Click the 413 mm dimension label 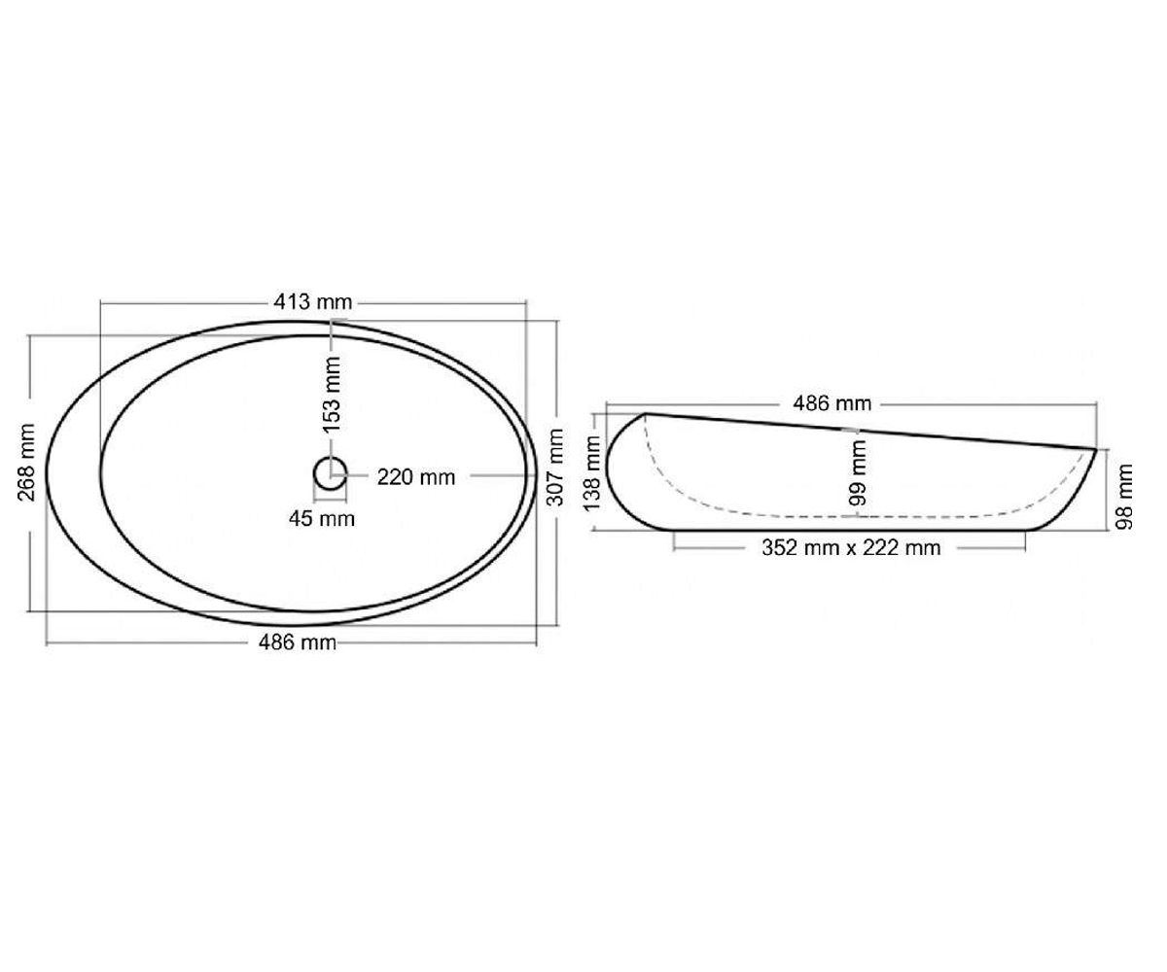[313, 302]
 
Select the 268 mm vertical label [27, 463]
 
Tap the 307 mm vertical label [554, 467]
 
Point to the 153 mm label [332, 395]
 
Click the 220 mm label [416, 477]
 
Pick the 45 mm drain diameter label [322, 519]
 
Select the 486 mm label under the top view [298, 642]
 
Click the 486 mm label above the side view [832, 403]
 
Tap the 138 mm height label [591, 473]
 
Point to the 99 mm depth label [858, 472]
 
